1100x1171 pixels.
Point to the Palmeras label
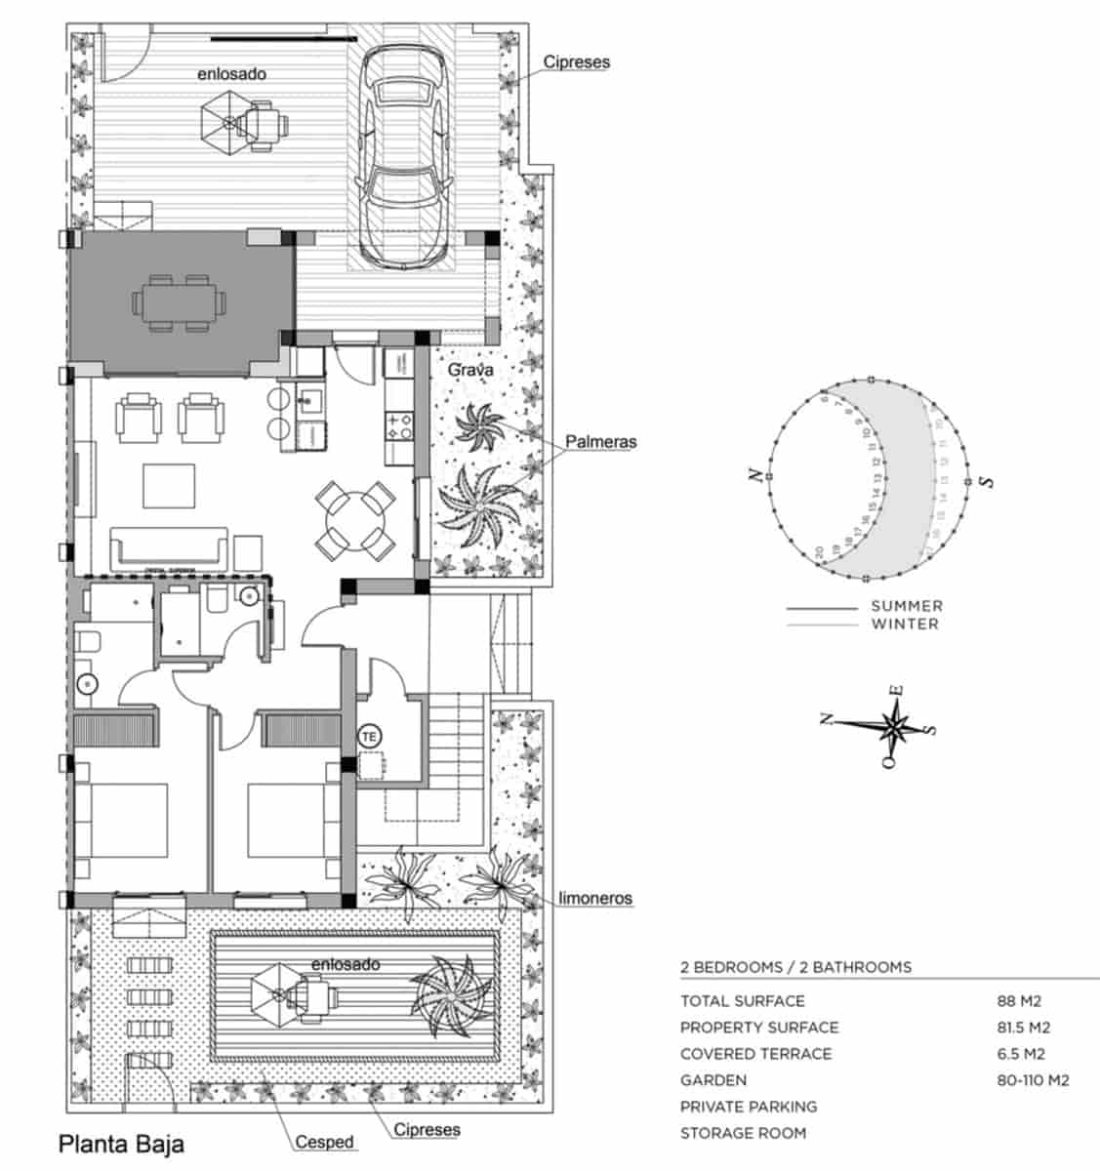pos(600,442)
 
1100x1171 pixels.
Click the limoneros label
pos(595,898)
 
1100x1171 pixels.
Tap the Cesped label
pos(325,1142)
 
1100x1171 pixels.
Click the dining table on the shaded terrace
pos(176,303)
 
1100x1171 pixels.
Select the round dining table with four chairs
pos(355,520)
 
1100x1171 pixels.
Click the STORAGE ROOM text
pos(743,1133)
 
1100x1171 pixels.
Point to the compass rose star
pos(893,727)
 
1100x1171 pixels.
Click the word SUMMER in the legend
pos(907,606)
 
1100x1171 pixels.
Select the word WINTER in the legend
pos(905,624)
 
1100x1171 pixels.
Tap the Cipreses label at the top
pos(576,61)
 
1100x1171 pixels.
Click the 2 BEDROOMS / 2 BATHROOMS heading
pos(795,967)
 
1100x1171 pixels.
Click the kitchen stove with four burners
pos(398,425)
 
